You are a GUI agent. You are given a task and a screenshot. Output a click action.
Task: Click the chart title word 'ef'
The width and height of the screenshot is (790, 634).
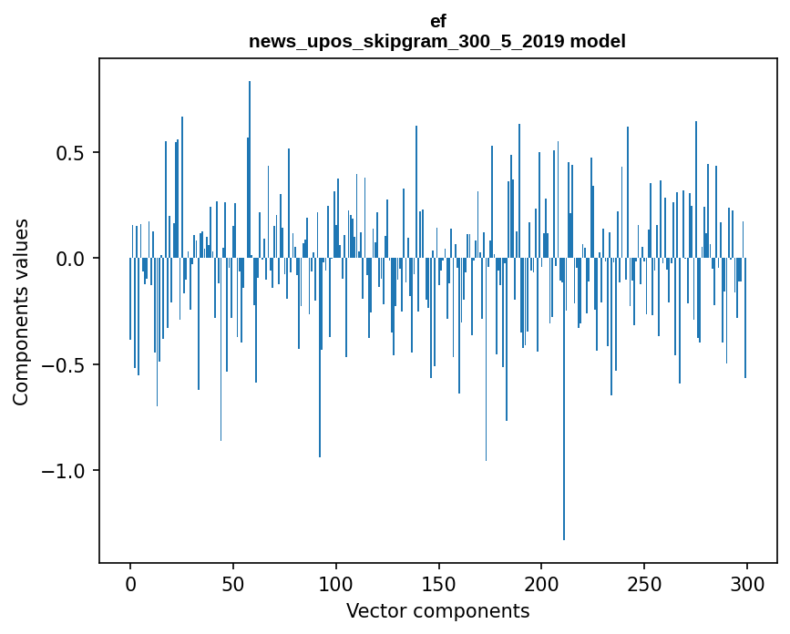437,21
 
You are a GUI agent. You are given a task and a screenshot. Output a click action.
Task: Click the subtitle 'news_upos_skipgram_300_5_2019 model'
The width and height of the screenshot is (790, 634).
437,41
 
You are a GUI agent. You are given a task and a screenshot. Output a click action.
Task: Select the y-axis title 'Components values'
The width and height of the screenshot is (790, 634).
21,312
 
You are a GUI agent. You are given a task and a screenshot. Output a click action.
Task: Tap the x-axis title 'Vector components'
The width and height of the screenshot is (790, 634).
437,610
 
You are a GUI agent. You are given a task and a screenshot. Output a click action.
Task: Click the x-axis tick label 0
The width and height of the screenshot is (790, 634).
130,583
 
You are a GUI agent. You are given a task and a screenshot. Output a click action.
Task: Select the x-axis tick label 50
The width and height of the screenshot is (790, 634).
233,583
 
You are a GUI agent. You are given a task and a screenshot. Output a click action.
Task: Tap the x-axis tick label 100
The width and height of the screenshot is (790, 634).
336,583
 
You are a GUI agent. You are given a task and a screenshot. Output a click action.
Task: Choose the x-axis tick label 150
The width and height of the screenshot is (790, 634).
438,583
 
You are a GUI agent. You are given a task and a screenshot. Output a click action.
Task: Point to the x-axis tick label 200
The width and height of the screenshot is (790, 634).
541,583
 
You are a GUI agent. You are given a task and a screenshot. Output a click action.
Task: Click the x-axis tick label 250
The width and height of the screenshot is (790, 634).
644,583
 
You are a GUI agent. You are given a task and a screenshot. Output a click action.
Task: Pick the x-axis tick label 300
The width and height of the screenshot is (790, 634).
747,583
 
